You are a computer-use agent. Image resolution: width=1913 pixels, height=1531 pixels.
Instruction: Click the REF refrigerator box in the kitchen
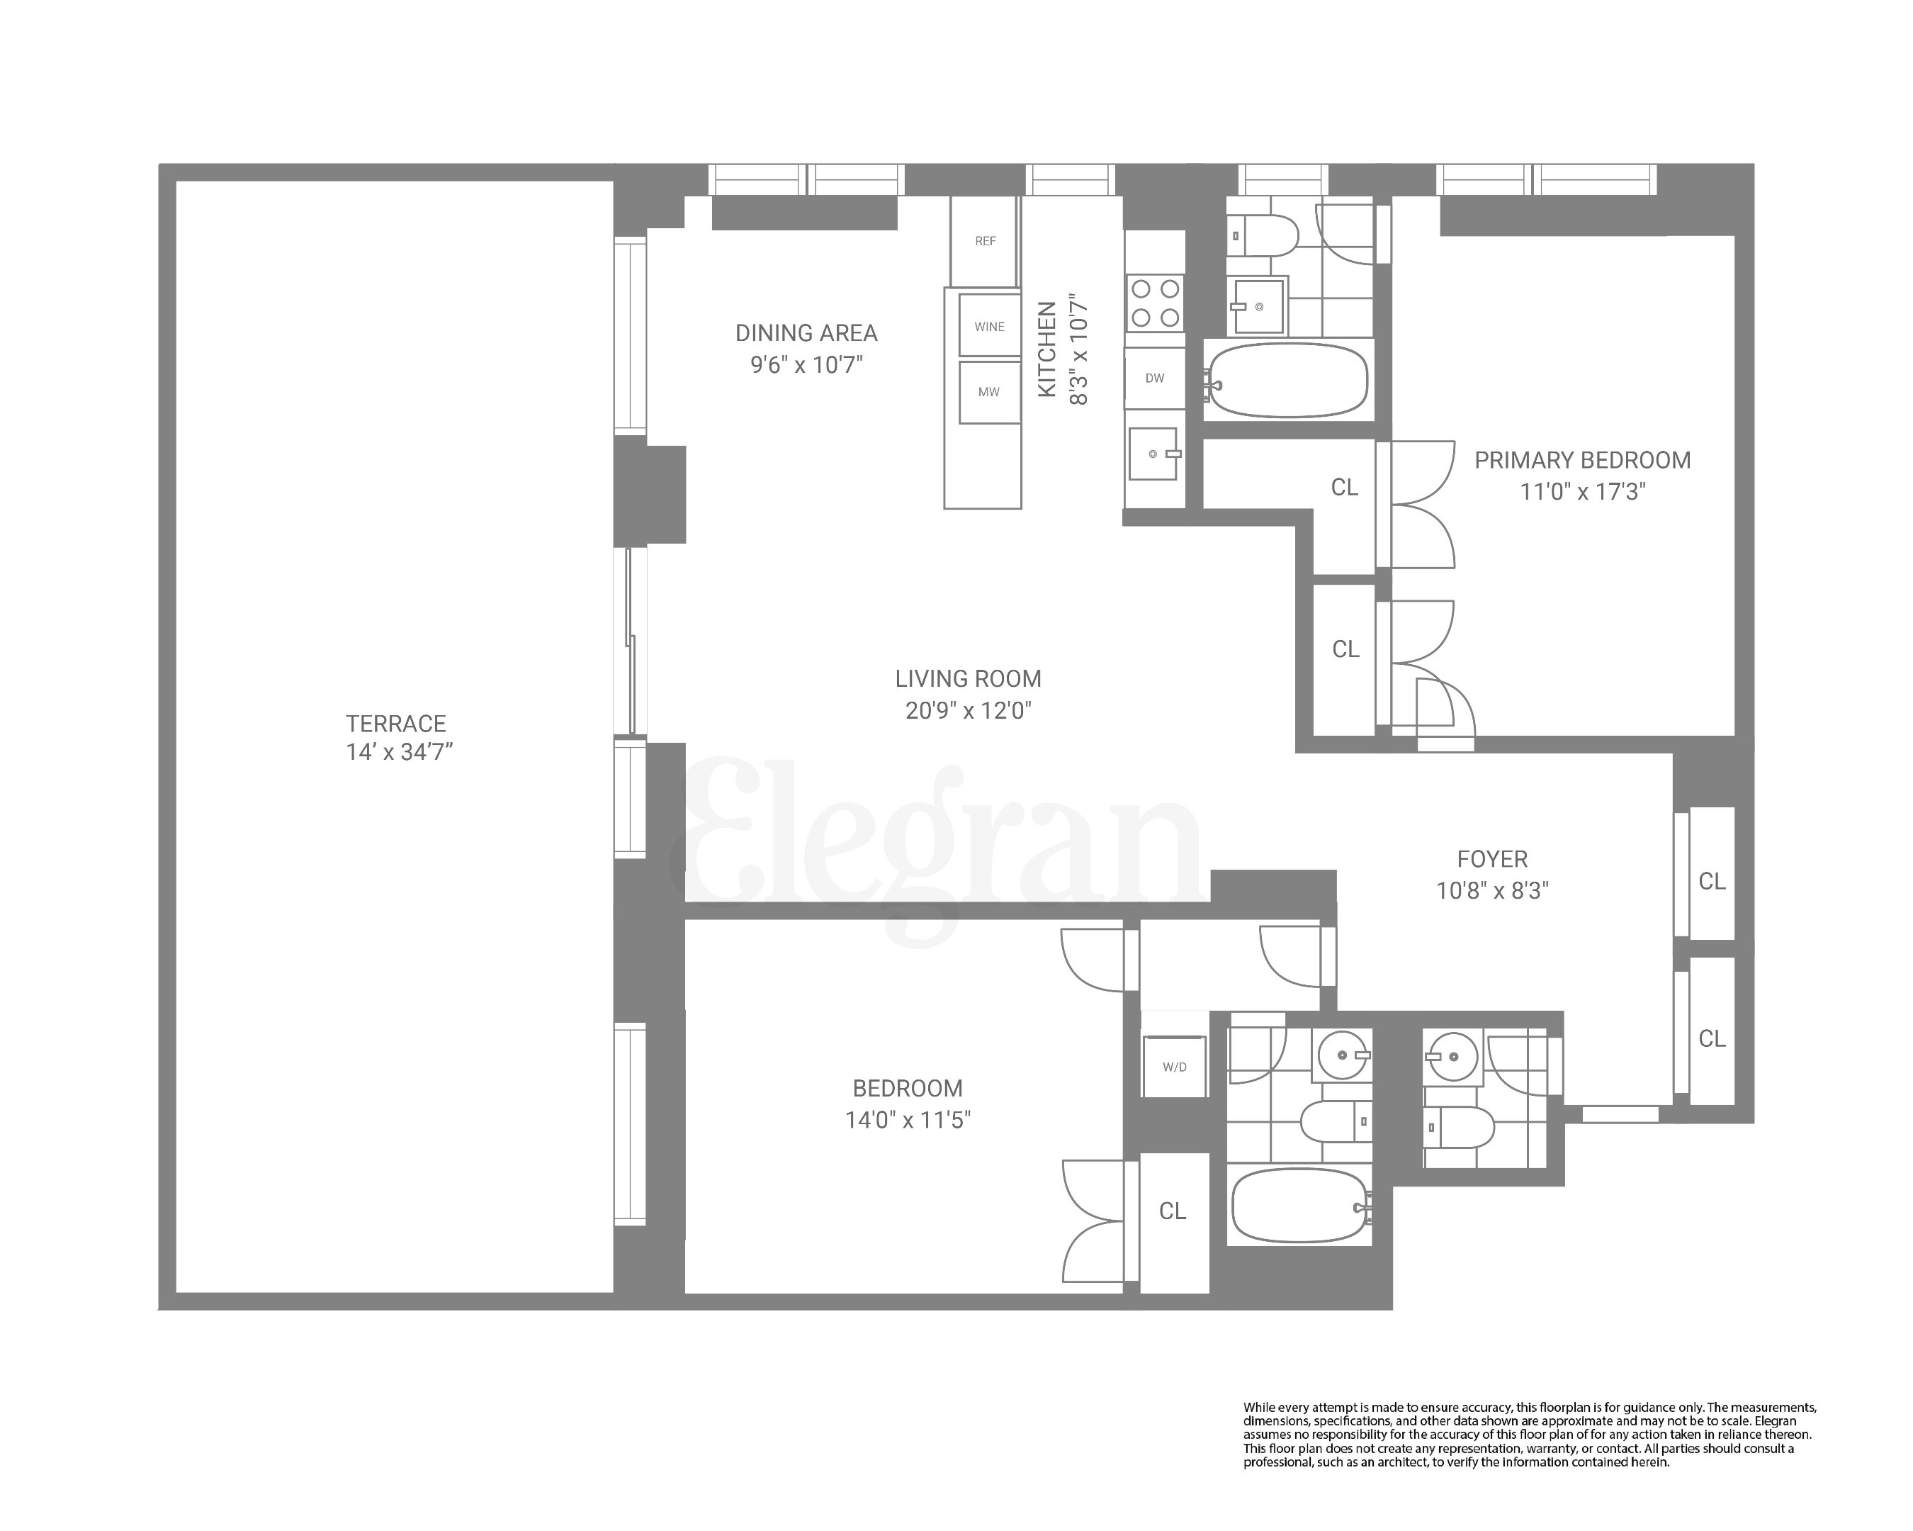coord(984,240)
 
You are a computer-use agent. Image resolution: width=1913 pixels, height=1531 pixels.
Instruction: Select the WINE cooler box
coord(989,326)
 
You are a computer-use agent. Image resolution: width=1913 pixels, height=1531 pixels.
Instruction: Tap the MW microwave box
coord(988,391)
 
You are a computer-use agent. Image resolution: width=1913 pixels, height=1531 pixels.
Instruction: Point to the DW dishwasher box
coord(1154,378)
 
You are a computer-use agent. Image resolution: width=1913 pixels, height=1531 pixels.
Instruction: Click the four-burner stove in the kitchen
coord(1156,303)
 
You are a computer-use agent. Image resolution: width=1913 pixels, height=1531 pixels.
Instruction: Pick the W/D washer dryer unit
coord(1174,1066)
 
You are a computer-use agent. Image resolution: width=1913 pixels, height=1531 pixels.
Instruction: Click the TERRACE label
coord(396,724)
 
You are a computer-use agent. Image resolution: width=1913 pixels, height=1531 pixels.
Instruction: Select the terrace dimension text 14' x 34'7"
coord(400,753)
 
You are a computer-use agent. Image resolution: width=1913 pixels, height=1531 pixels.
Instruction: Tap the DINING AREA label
coord(806,333)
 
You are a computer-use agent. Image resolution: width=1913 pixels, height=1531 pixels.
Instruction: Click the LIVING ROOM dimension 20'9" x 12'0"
coord(968,710)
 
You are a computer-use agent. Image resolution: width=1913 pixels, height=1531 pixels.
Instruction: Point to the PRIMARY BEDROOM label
coord(1582,460)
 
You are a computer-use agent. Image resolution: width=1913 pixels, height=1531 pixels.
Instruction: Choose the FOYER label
coord(1491,859)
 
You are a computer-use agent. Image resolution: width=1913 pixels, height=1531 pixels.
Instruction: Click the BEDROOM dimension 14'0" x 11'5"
coord(908,1120)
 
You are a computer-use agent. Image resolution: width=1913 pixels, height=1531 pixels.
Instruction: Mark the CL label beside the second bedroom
coord(1172,1211)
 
